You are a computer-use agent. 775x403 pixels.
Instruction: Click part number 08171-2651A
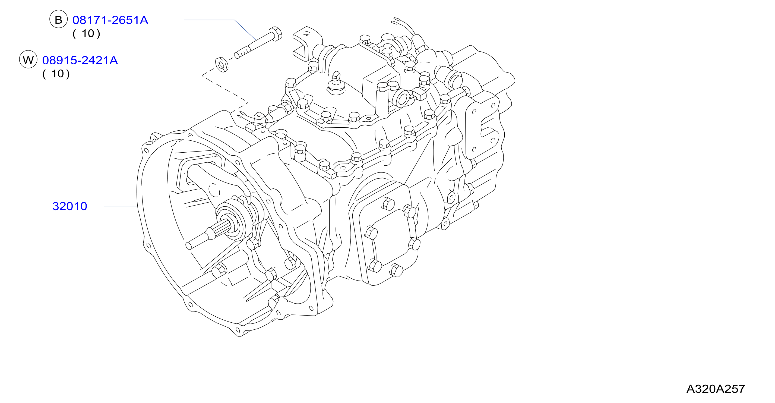[x=110, y=20]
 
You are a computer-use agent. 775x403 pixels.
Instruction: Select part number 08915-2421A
[x=80, y=61]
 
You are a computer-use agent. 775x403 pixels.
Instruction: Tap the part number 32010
[x=70, y=206]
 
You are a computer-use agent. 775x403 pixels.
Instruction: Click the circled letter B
[x=58, y=20]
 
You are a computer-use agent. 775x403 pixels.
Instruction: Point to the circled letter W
[x=28, y=59]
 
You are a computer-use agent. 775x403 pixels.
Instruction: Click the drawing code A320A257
[x=716, y=389]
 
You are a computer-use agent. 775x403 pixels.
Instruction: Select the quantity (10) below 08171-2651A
[x=86, y=34]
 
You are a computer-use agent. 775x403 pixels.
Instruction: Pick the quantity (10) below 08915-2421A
[x=56, y=74]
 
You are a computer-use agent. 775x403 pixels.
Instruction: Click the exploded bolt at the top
[x=258, y=42]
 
